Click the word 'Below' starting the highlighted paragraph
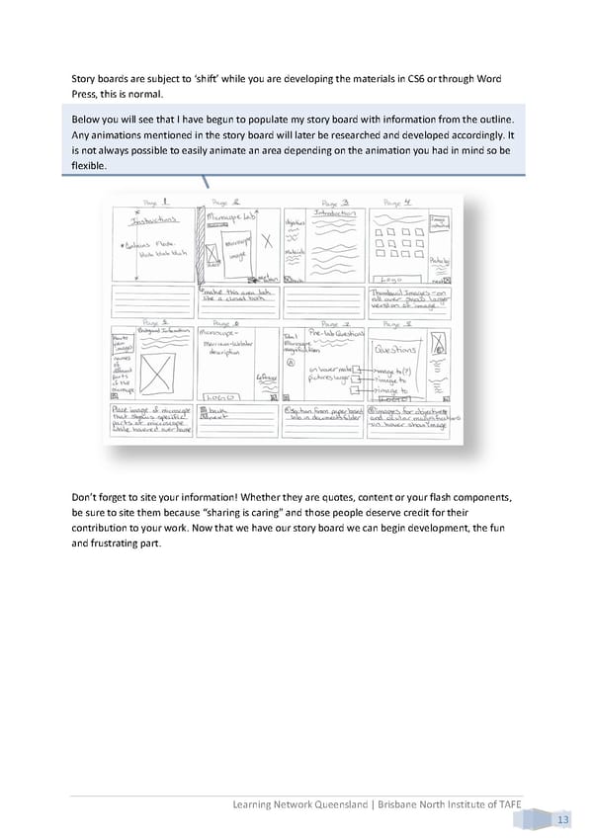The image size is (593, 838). point(89,120)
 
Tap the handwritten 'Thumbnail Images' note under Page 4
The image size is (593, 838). point(406,293)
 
